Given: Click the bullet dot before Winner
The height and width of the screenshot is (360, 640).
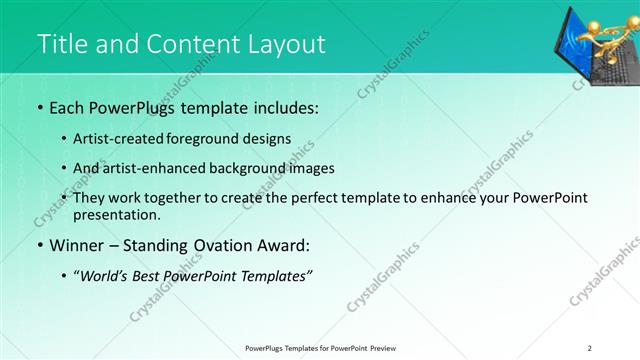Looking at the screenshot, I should point(39,244).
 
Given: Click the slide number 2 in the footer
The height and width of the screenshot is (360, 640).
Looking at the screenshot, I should point(589,348).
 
